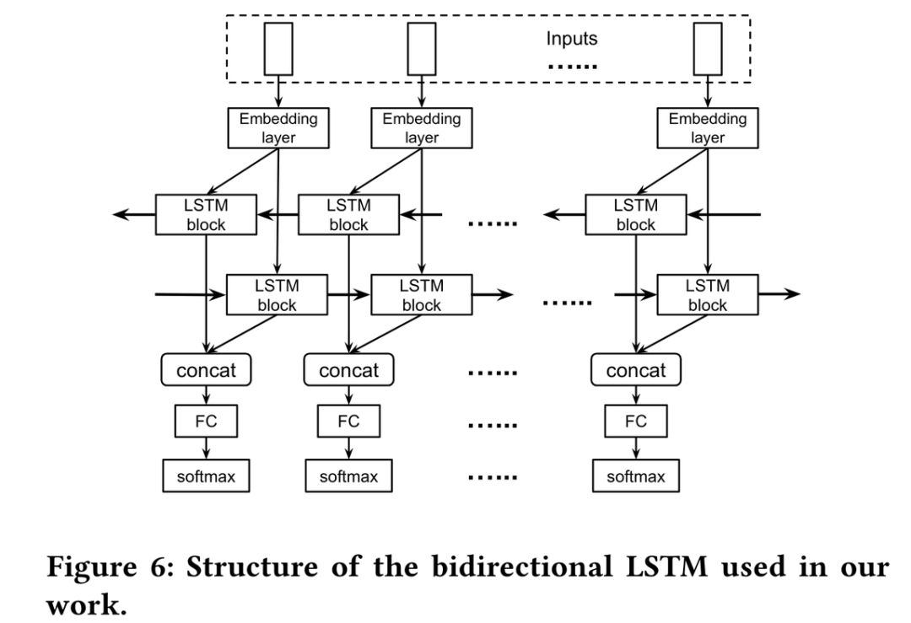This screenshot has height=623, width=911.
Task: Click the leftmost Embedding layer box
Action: click(x=278, y=128)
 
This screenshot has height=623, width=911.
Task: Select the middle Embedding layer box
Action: click(x=422, y=128)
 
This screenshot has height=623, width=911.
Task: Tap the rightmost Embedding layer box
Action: click(x=708, y=128)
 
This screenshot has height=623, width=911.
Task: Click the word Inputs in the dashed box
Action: click(x=571, y=39)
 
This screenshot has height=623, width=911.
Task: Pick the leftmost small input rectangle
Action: click(x=278, y=49)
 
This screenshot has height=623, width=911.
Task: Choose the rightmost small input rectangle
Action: click(x=708, y=49)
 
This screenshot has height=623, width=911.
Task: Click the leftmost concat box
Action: click(x=208, y=371)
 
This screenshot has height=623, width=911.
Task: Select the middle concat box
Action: click(x=349, y=371)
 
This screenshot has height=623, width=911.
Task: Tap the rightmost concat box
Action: click(x=635, y=371)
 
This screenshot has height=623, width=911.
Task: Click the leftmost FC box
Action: click(x=206, y=422)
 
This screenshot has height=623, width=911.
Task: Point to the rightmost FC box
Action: click(x=635, y=422)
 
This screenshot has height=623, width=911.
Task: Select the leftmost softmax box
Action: click(x=206, y=476)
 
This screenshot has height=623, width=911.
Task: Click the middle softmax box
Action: click(x=348, y=476)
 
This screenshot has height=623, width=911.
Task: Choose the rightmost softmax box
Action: click(x=635, y=476)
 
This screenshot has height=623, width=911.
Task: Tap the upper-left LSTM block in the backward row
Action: click(x=206, y=215)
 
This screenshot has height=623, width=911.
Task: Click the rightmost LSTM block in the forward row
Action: click(x=708, y=295)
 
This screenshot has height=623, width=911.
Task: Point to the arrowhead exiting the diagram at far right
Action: click(x=792, y=294)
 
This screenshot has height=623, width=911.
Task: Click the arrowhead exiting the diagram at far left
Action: click(x=121, y=215)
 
